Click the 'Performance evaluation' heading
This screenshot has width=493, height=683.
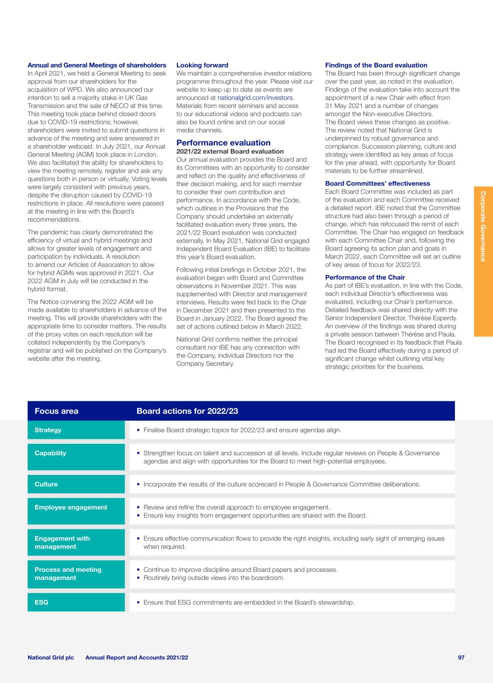pos(223,143)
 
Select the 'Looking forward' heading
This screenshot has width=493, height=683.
pos(202,65)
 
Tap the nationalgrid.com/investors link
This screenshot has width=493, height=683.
pos(255,98)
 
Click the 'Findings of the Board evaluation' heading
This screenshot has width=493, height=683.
pos(376,65)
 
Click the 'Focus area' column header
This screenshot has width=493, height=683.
pos(57,411)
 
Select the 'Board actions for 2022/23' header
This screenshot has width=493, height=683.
pos(187,411)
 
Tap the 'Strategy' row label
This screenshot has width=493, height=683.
pos(48,430)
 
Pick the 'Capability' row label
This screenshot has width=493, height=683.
pos(51,453)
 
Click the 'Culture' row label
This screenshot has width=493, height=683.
pos(46,484)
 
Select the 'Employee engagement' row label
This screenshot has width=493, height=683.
pos(71,507)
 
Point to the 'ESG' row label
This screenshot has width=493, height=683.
pos(42,602)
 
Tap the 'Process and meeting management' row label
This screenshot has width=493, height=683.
pos(68,574)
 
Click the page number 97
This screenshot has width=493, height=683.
pos(461,657)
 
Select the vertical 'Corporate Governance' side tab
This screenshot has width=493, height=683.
pos(483,226)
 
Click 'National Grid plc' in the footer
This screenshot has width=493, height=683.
pos(51,657)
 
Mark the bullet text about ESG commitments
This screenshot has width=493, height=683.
pos(249,602)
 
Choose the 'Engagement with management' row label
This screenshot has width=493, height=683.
pos(62,543)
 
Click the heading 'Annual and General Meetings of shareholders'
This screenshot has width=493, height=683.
pos(97,65)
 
